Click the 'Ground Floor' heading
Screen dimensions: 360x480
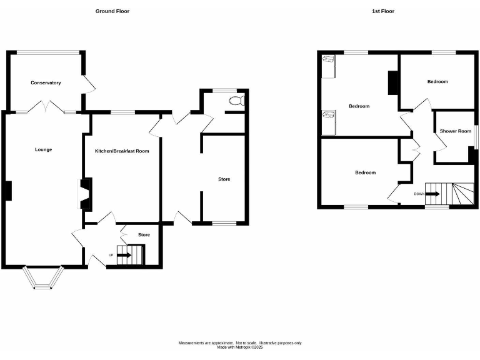[x=112, y=11]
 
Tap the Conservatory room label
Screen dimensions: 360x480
[x=46, y=82]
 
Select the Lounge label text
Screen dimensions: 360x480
[x=43, y=149]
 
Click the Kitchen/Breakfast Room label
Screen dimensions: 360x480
[x=122, y=151]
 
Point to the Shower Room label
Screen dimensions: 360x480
[x=455, y=131]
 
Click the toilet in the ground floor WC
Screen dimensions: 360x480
[x=236, y=101]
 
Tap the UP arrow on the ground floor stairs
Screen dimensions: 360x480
[x=124, y=255]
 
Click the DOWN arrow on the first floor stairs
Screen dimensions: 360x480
[x=432, y=194]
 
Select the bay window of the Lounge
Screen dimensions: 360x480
[x=43, y=279]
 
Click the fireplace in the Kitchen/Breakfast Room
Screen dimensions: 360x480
[x=84, y=194]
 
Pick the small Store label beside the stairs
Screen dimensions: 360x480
[x=144, y=235]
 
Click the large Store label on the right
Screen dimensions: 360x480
[x=224, y=179]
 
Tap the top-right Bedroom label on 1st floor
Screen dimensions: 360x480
[x=437, y=82]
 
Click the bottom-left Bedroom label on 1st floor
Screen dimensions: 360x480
[x=365, y=172]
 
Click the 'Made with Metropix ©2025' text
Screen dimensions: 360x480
[x=240, y=347]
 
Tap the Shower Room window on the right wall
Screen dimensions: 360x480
[x=474, y=137]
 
